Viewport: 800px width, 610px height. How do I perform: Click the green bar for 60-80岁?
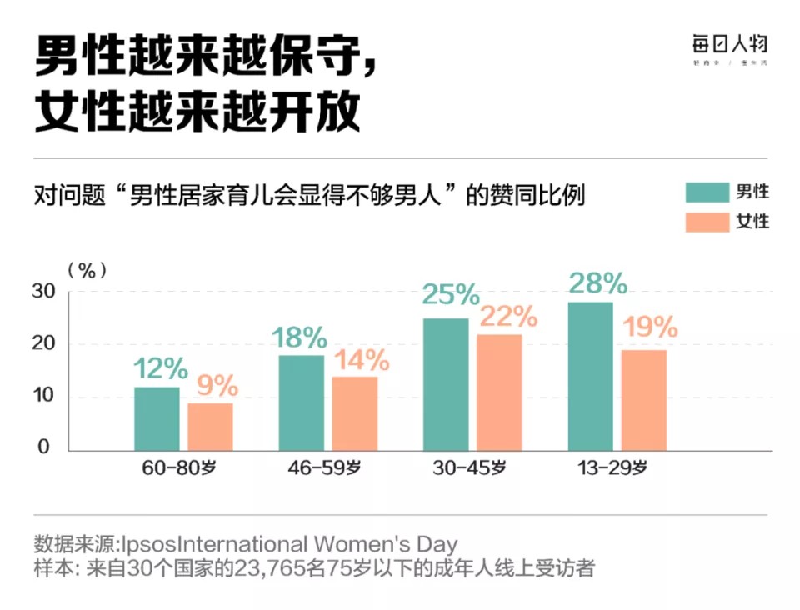[157, 418]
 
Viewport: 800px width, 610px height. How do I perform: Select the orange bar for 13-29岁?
[643, 400]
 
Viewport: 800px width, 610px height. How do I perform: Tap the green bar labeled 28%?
[590, 376]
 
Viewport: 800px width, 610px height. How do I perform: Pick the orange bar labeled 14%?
[355, 413]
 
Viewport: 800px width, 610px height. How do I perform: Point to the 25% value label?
[450, 294]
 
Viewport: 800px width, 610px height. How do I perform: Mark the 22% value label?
[507, 316]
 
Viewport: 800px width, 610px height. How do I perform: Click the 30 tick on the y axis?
[43, 291]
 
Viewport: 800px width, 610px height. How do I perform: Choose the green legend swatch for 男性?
[705, 192]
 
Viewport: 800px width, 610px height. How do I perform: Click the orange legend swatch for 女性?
[705, 222]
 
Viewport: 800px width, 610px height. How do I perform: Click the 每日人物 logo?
[729, 47]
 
